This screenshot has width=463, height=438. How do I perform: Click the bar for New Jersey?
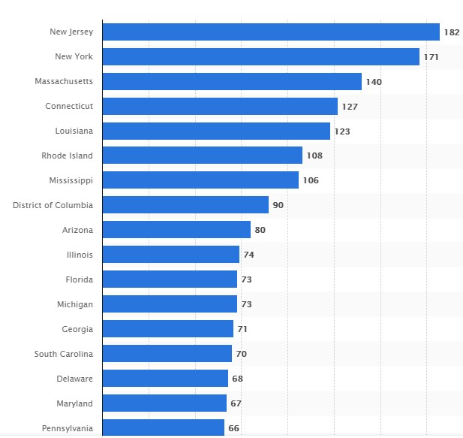(270, 32)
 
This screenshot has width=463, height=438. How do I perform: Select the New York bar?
(260, 56)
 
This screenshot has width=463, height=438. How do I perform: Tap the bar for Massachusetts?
(232, 81)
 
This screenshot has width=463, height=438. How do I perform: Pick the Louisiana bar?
(216, 131)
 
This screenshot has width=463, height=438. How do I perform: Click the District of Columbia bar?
(185, 205)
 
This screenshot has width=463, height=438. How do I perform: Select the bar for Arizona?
(176, 230)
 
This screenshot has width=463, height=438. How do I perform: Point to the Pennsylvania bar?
(163, 427)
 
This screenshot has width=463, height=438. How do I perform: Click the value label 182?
(451, 32)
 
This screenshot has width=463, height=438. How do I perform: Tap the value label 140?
(374, 82)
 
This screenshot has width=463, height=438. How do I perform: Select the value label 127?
(350, 107)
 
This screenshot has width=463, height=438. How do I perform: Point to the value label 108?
(314, 156)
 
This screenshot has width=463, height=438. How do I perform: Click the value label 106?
(311, 181)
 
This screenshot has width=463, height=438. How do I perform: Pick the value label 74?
(248, 255)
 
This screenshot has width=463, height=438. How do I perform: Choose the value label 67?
(236, 404)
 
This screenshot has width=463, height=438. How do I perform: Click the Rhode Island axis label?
(68, 156)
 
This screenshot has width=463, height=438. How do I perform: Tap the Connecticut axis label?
(69, 106)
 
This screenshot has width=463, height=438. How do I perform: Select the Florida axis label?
(79, 279)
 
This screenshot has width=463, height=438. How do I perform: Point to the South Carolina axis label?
(64, 354)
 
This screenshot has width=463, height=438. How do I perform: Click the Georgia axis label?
(77, 329)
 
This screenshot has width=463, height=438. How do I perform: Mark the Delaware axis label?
(75, 379)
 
